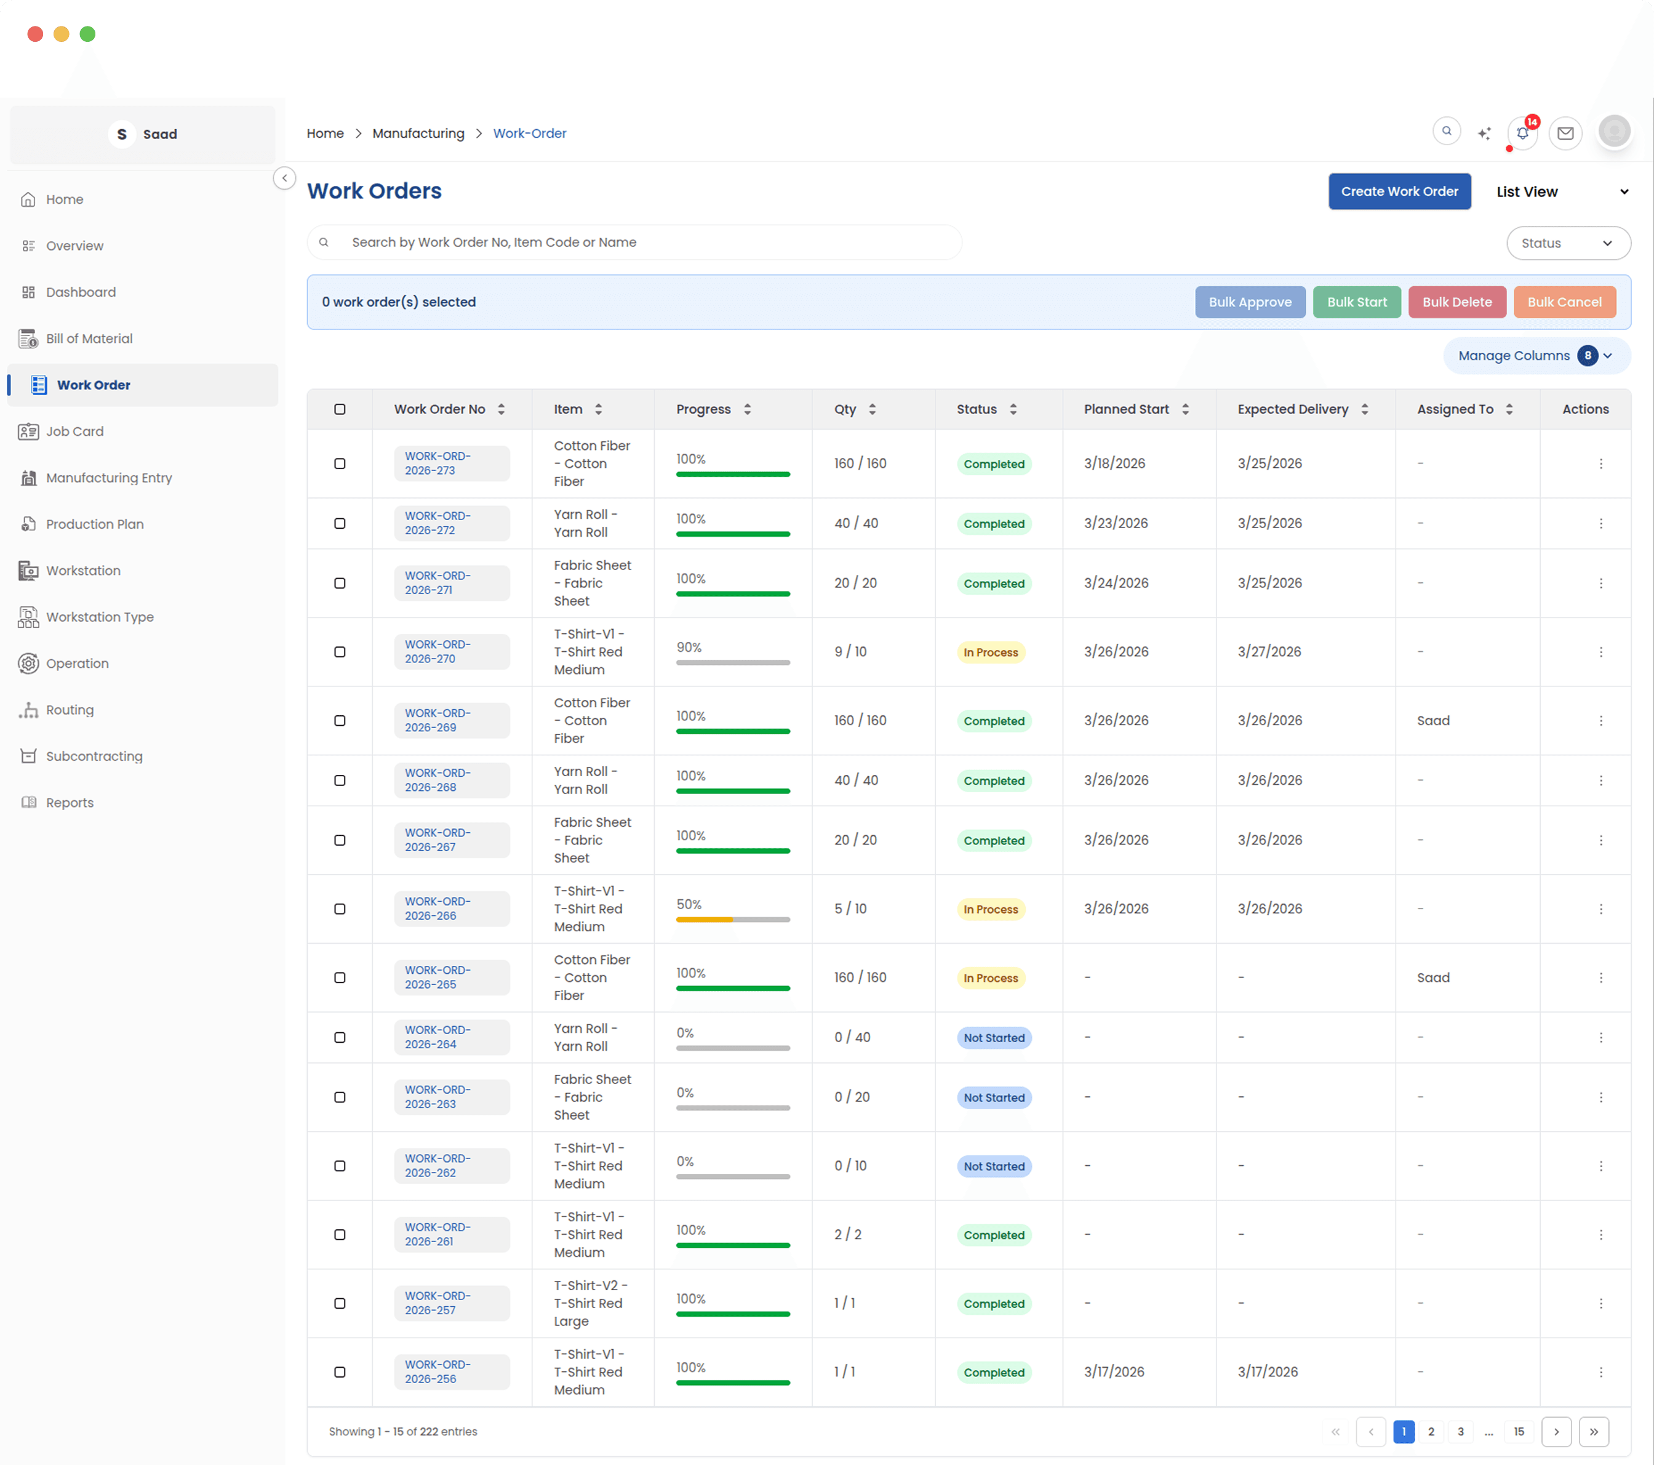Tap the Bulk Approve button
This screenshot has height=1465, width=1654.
(1249, 302)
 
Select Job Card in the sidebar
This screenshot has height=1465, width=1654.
(74, 431)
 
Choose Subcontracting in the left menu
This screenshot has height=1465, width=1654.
(94, 756)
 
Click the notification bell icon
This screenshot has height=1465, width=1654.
(1522, 134)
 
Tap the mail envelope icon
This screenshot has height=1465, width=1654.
(1565, 134)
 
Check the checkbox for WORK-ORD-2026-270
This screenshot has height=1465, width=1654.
(340, 652)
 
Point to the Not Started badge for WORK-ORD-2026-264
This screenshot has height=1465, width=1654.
(994, 1038)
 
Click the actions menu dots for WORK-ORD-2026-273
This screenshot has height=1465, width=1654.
(1600, 464)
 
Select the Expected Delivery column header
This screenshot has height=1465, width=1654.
(1292, 409)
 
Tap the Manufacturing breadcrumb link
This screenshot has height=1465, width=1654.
(418, 134)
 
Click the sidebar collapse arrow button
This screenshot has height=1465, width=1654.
(285, 178)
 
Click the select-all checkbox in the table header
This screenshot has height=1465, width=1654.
(340, 409)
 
